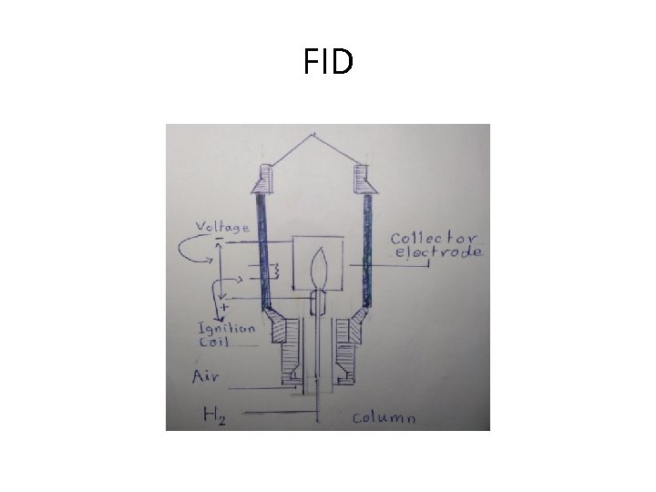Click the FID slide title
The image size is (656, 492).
(328, 63)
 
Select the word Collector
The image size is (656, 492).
(435, 238)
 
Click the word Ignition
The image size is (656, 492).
(228, 330)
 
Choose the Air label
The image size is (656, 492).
(205, 375)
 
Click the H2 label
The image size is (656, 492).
(214, 415)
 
